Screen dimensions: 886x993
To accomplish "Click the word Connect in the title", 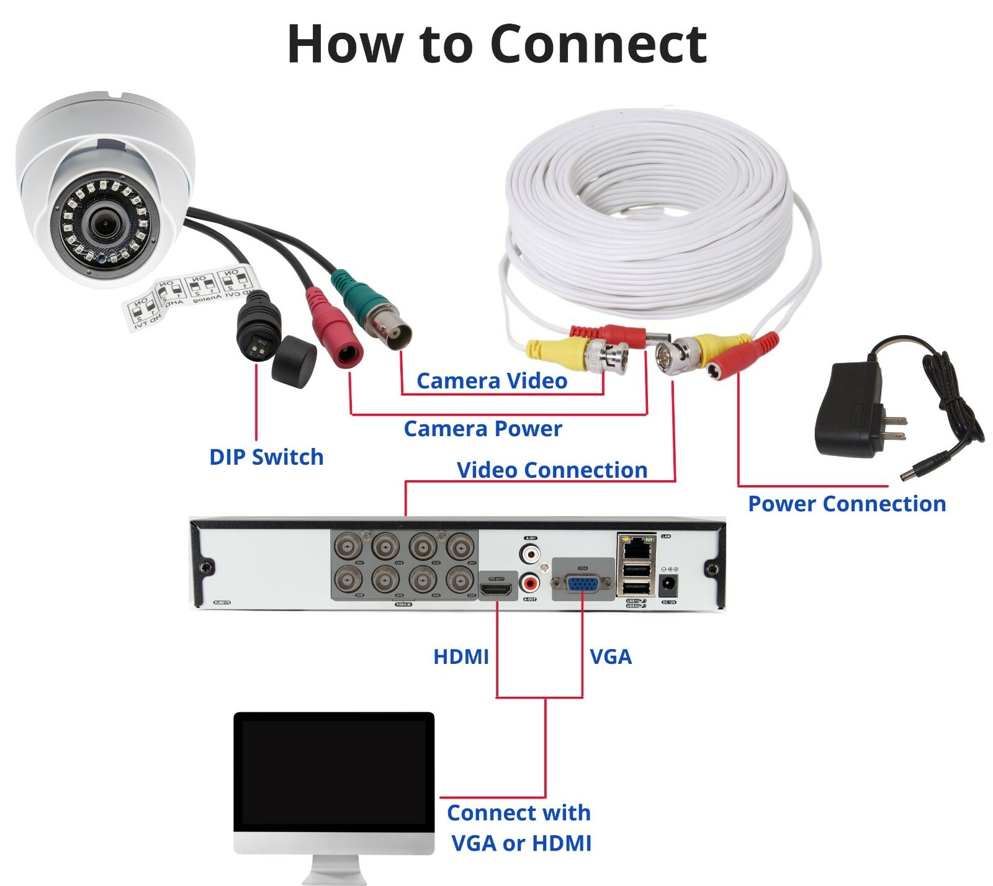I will [x=598, y=45].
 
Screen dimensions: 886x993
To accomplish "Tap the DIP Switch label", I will [x=266, y=457].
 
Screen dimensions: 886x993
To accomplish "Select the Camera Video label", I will [x=492, y=381].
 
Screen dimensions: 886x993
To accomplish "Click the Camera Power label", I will [x=483, y=429].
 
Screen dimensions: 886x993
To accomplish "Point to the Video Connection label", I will [x=552, y=470].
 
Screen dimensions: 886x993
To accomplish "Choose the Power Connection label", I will [x=847, y=504].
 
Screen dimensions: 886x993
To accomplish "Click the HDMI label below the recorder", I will [x=461, y=656].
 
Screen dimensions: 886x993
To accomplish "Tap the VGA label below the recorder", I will [x=611, y=656].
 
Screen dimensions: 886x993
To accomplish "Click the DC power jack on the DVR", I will [x=668, y=584].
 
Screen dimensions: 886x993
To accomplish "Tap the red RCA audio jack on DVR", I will [x=530, y=583].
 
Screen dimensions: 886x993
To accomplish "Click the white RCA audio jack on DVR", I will [x=530, y=552].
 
